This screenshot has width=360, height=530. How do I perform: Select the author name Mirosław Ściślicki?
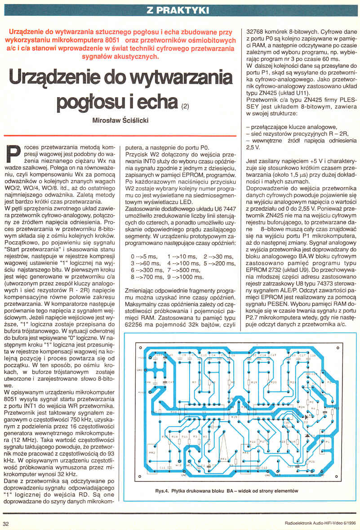(120, 121)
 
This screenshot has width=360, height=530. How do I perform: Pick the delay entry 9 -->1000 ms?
(185, 277)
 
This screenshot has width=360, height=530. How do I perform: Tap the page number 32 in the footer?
(6, 523)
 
